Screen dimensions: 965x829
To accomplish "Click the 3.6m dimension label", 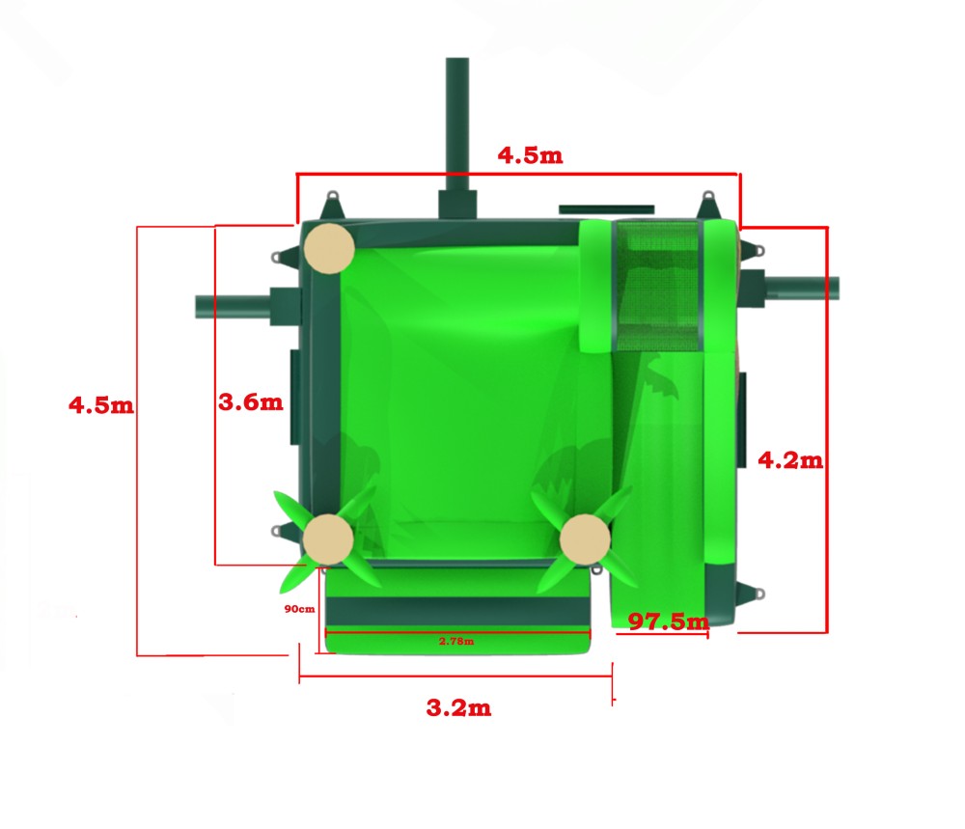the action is pos(251,401).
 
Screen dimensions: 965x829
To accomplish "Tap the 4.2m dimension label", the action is pos(790,459).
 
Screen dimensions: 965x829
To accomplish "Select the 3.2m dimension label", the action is pos(458,707).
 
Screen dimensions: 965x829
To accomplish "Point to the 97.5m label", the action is pos(669,622).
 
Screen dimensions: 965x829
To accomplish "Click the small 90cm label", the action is pos(300,609).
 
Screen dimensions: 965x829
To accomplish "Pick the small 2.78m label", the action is pos(456,641).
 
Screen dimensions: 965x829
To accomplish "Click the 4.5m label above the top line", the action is pos(530,155).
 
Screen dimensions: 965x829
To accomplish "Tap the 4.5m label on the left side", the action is pos(101,405).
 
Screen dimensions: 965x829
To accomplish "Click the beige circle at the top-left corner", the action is pos(329,248).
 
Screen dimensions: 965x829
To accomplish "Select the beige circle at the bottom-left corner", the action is pos(328,539).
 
